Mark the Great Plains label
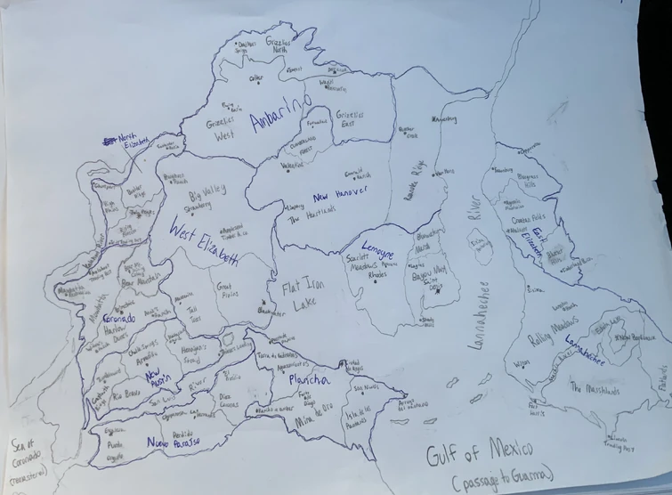230,290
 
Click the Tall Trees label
194,312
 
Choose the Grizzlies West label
219,130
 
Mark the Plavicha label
309,381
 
